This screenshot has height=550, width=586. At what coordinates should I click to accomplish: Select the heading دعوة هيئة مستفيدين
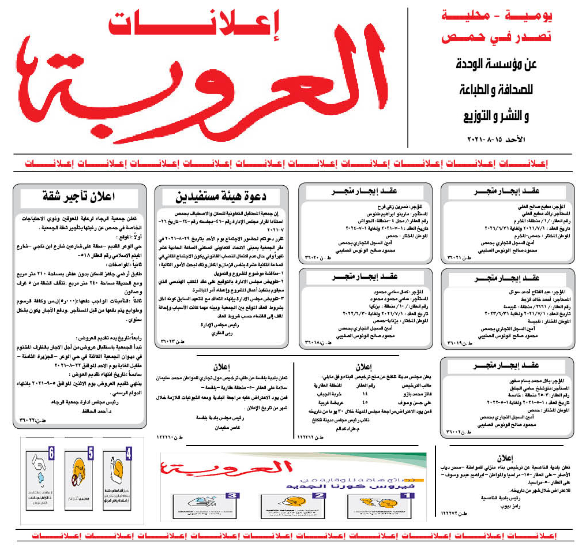[x=221, y=195]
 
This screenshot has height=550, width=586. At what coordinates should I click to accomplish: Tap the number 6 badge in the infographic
[x=52, y=454]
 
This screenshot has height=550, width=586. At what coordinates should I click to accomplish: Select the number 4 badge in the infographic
[x=129, y=454]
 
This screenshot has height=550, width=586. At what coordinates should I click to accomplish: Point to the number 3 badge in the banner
[x=232, y=495]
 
